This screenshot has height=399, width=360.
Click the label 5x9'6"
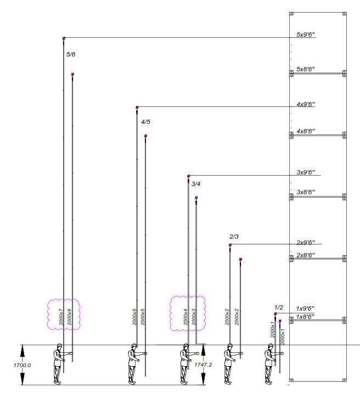pos(306,35)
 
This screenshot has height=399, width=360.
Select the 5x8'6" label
pos(306,69)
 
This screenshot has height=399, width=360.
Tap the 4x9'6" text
pos(306,104)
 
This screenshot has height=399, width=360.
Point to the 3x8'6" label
pos(306,192)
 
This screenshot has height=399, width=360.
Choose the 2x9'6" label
pos(306,242)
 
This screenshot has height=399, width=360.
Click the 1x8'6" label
pos(305,317)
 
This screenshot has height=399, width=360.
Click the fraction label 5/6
pos(71,54)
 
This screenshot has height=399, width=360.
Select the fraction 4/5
pos(145,122)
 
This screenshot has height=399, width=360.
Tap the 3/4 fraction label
pos(196,184)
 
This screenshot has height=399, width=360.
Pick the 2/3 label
pos(234,237)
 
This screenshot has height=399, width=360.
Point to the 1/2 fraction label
pos(279,308)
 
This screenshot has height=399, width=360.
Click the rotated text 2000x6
pos(70,317)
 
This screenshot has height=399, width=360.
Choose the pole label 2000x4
pos(185,317)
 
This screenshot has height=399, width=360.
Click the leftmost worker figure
pos(58,363)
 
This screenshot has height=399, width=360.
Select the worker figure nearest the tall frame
pos(271,363)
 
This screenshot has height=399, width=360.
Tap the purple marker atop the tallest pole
pos(64,38)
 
